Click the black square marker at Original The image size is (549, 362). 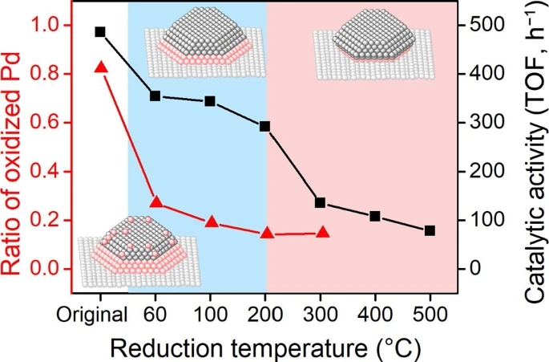(x=100, y=32)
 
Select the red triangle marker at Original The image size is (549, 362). (x=100, y=67)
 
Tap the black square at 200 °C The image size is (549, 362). (x=265, y=126)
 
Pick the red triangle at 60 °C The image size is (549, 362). (x=156, y=202)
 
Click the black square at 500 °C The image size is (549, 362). (x=430, y=230)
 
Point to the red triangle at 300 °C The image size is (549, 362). (x=323, y=232)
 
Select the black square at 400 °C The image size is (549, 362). (x=375, y=217)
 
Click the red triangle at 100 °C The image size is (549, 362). (x=211, y=221)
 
